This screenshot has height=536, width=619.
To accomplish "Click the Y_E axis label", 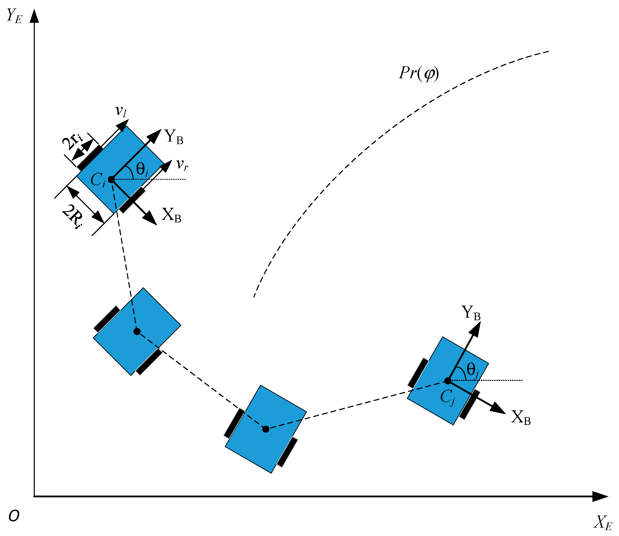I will coord(14,16).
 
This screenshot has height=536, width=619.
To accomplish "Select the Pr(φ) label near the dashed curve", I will coord(419,73).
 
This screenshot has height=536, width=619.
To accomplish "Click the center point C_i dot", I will coord(111,179).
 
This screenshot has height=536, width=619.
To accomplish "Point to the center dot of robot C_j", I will coord(448,381).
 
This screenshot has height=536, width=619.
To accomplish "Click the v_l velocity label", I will coord(121,111).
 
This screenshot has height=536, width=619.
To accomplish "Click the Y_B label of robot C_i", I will coord(174,137).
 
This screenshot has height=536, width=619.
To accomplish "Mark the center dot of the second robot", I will coord(137,331).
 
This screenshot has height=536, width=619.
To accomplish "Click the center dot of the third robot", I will coord(266,429).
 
